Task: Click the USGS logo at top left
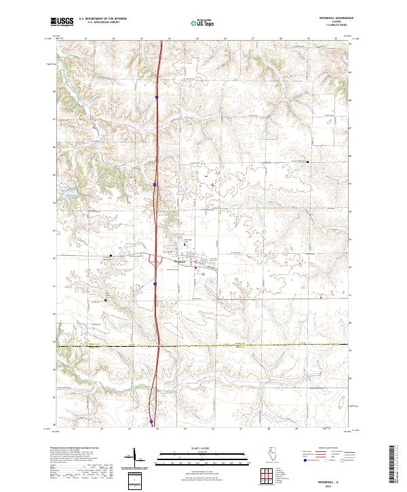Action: click(x=62, y=22)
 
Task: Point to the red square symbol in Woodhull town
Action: click(x=196, y=267)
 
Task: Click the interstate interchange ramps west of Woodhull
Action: click(x=157, y=259)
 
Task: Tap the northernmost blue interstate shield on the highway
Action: click(x=156, y=98)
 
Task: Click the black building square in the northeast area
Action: click(x=308, y=162)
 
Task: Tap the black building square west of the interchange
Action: click(x=111, y=256)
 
